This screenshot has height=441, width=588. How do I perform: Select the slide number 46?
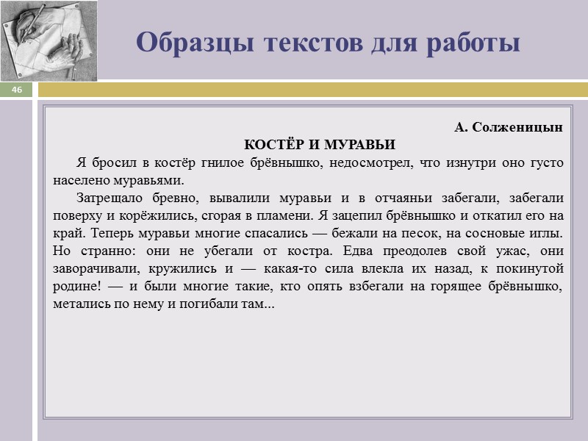[x=17, y=90]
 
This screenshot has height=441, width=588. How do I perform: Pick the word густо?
[x=545, y=162]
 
